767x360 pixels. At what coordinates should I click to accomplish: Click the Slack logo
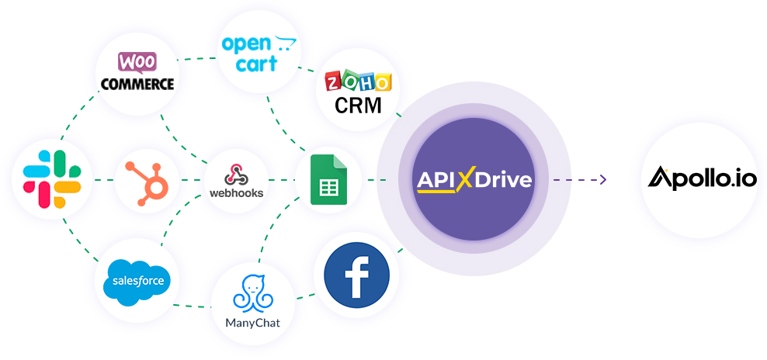(52, 180)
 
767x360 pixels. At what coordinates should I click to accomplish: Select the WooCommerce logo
(137, 73)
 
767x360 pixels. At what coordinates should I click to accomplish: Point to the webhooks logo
(237, 180)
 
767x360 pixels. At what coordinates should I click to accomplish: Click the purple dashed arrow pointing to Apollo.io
(579, 180)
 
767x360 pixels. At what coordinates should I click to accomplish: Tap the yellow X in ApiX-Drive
(465, 180)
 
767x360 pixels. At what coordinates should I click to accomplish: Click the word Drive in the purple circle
(504, 180)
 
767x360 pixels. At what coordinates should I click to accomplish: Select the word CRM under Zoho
(358, 105)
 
